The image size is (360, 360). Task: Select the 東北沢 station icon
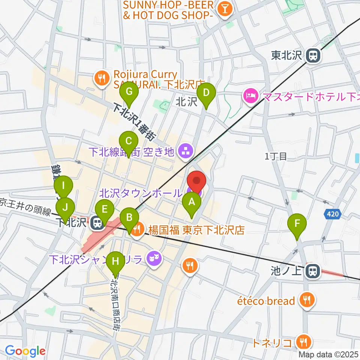click(x=312, y=56)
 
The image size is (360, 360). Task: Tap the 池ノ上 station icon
click(x=312, y=271)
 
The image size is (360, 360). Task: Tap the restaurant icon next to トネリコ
click(x=302, y=342)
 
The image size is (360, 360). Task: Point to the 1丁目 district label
click(x=276, y=157)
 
